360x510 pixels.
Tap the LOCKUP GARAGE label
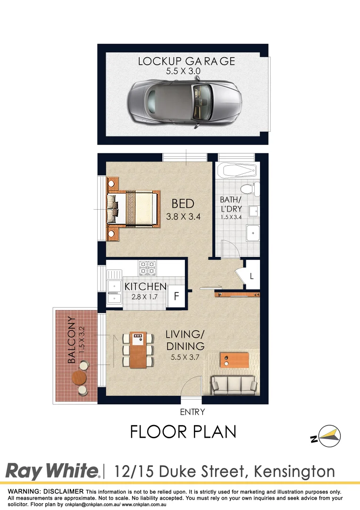click(x=186, y=61)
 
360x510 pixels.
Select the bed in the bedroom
click(x=134, y=208)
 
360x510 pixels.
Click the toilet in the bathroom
click(x=254, y=189)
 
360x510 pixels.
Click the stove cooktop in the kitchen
click(x=147, y=268)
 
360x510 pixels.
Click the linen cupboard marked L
click(x=251, y=277)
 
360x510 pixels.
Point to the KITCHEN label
click(x=145, y=287)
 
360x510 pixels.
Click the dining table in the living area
click(x=138, y=350)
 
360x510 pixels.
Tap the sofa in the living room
click(x=234, y=384)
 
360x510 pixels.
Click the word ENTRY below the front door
click(x=193, y=412)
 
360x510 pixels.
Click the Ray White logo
click(x=52, y=471)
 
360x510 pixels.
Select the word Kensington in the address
click(x=294, y=471)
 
